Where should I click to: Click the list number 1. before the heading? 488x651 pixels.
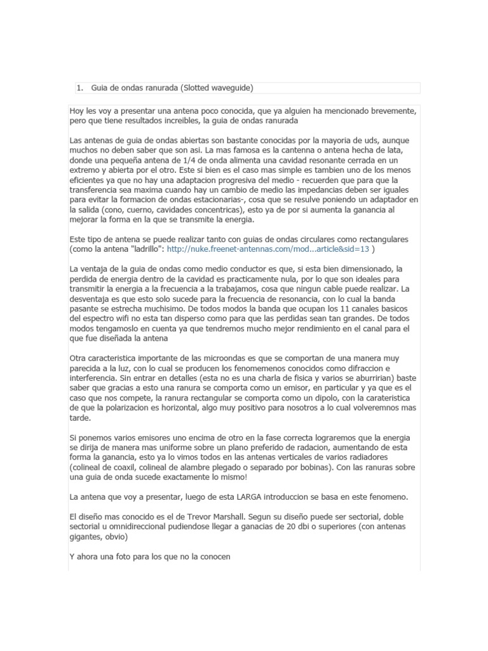click(79, 88)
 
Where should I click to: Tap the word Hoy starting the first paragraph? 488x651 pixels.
click(77, 111)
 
